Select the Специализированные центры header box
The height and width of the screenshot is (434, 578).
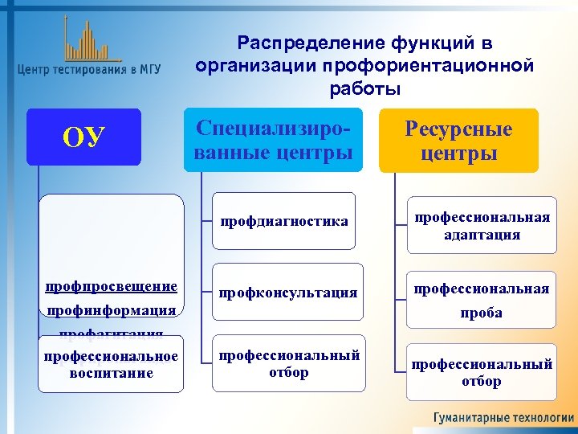(x=273, y=140)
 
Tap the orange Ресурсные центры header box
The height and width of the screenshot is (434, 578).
(x=458, y=141)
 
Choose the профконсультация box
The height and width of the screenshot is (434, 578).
(x=287, y=293)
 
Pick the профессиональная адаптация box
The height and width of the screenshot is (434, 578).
(x=481, y=226)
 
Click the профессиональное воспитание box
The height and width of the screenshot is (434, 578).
(x=111, y=364)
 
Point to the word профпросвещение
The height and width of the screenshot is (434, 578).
(x=111, y=286)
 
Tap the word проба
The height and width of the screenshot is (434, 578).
(x=482, y=313)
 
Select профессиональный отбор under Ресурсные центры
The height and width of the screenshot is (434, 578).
(x=481, y=372)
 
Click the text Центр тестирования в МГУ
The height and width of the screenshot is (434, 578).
(x=88, y=70)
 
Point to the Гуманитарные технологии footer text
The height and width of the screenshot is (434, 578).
(x=503, y=418)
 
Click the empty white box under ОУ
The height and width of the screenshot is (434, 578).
(x=111, y=233)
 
